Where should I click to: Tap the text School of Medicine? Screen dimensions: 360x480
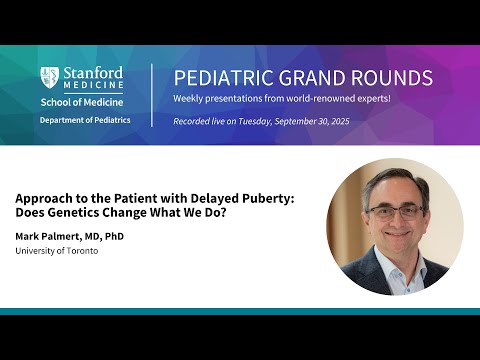(82, 102)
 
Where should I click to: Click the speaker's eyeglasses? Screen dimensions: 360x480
(396, 211)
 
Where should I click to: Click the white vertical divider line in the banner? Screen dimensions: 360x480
(152, 96)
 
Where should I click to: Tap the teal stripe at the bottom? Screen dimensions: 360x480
(240, 311)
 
